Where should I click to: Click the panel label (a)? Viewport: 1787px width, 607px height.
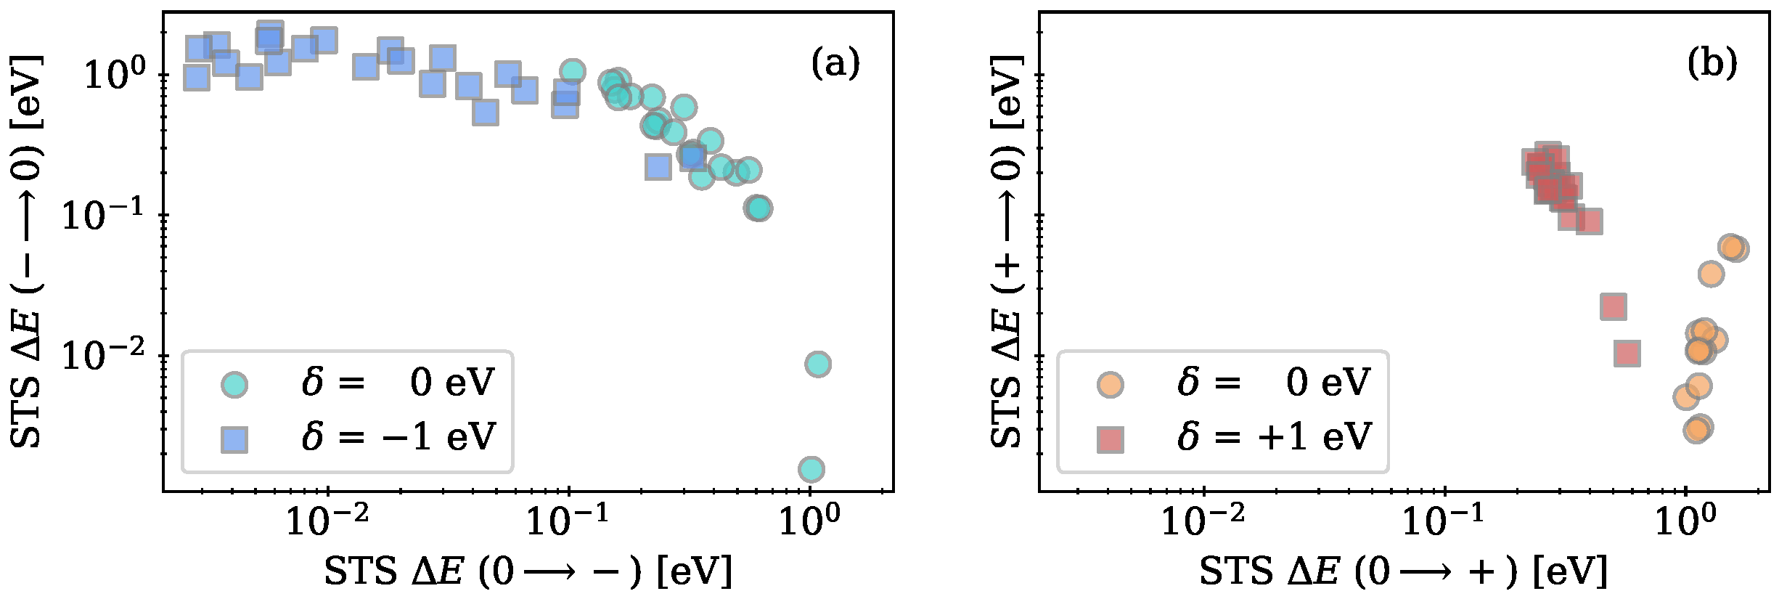[x=835, y=64]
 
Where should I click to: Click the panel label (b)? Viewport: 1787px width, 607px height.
[x=1712, y=64]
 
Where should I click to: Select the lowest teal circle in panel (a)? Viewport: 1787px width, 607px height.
[x=811, y=469]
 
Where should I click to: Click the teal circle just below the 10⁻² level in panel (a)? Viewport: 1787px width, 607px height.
[x=817, y=364]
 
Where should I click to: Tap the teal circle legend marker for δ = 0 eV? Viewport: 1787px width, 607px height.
[x=234, y=384]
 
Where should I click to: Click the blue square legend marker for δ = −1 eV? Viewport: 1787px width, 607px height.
[x=234, y=439]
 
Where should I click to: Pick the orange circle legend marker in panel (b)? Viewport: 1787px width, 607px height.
[x=1111, y=384]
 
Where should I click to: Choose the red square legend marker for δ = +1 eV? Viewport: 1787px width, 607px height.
[x=1111, y=439]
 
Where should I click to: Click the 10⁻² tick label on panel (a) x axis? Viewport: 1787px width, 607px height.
[x=327, y=521]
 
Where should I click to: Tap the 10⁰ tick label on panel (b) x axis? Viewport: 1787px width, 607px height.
[x=1685, y=521]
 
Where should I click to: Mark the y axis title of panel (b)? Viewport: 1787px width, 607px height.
[x=1007, y=250]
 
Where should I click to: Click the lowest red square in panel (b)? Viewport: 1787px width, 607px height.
[x=1627, y=354]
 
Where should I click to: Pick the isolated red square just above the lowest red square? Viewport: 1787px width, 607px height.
[x=1613, y=307]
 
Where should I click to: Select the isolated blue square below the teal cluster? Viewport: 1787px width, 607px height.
[x=658, y=167]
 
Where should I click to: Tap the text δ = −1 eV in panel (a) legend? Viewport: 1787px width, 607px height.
[x=398, y=437]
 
